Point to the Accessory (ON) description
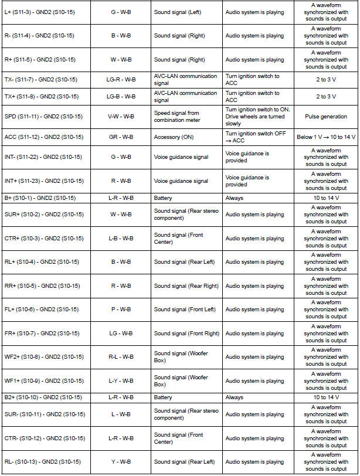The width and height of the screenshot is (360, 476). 176,137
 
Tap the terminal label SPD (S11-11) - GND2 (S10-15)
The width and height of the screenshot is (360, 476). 44,117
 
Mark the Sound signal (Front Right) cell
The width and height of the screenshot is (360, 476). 186,334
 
